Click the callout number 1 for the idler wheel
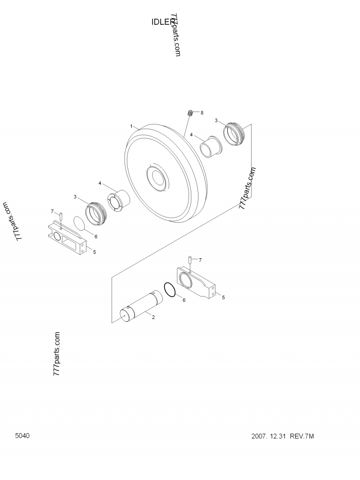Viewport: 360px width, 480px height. tap(131, 126)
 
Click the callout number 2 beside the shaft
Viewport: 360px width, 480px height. tap(153, 317)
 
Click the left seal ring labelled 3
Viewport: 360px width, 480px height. tap(95, 213)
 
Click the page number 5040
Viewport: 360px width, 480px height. tap(22, 435)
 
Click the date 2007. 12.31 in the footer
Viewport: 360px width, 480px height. tap(269, 436)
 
